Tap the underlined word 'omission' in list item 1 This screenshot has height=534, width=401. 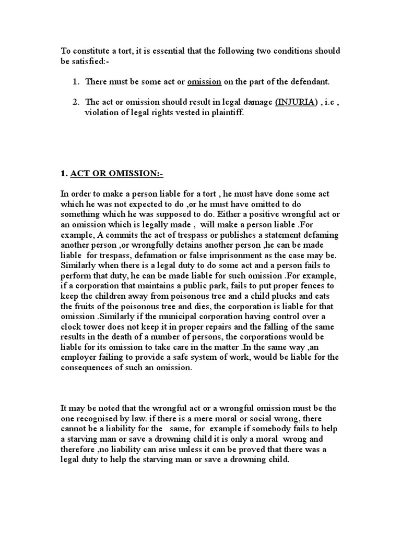click(204, 82)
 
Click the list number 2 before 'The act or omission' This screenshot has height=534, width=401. click(76, 102)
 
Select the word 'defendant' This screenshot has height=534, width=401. click(310, 82)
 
